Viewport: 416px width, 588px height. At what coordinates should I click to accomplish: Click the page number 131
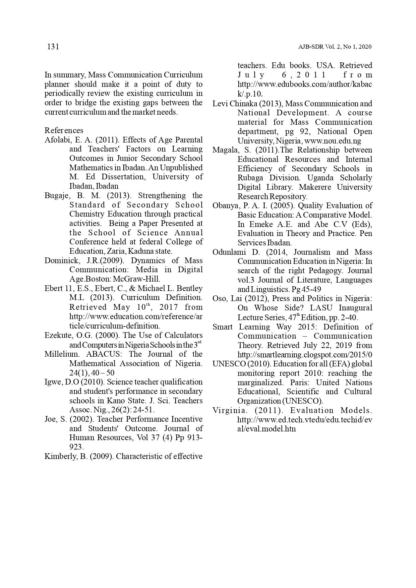(x=53, y=47)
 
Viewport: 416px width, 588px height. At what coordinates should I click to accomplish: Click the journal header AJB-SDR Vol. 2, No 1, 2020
(x=335, y=47)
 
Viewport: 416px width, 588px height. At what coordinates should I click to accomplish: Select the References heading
(x=64, y=130)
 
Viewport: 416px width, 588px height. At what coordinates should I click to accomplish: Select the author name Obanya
(x=225, y=205)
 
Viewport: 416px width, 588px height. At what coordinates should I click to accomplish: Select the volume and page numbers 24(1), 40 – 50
(x=92, y=373)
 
